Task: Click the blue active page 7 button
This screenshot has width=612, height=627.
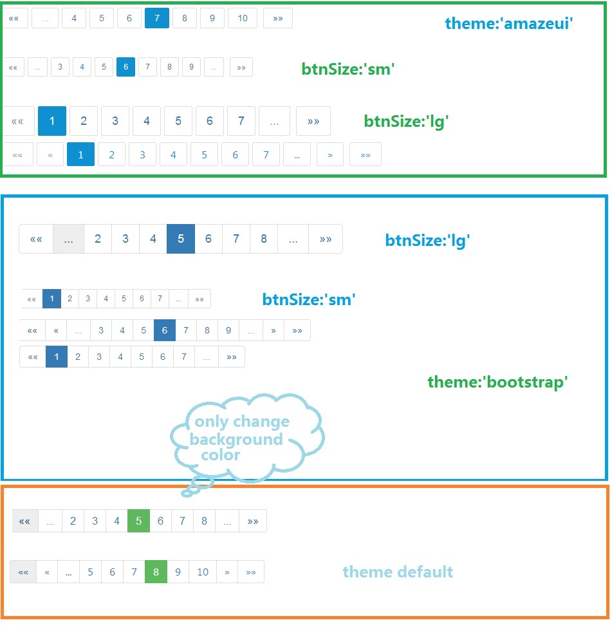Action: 157,18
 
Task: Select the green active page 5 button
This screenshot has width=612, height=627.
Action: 138,521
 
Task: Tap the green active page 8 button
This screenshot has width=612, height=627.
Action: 156,572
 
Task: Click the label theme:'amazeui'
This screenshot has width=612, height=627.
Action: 508,24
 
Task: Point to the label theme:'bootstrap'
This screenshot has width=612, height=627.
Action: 497,382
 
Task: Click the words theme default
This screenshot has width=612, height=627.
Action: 398,572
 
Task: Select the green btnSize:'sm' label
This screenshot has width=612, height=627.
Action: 348,69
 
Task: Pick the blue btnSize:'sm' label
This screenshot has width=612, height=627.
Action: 309,299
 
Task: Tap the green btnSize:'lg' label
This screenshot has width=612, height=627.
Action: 405,121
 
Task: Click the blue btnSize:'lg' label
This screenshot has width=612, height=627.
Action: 428,241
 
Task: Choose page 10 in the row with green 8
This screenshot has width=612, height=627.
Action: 203,572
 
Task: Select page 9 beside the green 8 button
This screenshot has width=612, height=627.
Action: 178,572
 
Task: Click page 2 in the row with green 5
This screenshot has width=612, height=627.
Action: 73,521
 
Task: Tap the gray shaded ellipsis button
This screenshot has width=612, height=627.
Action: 68,239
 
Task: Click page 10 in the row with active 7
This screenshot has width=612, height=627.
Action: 242,18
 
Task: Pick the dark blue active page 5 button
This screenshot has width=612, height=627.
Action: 181,239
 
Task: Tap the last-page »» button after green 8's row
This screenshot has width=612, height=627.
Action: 251,572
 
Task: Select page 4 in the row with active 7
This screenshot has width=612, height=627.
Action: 74,18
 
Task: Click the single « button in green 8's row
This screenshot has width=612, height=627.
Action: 47,572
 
